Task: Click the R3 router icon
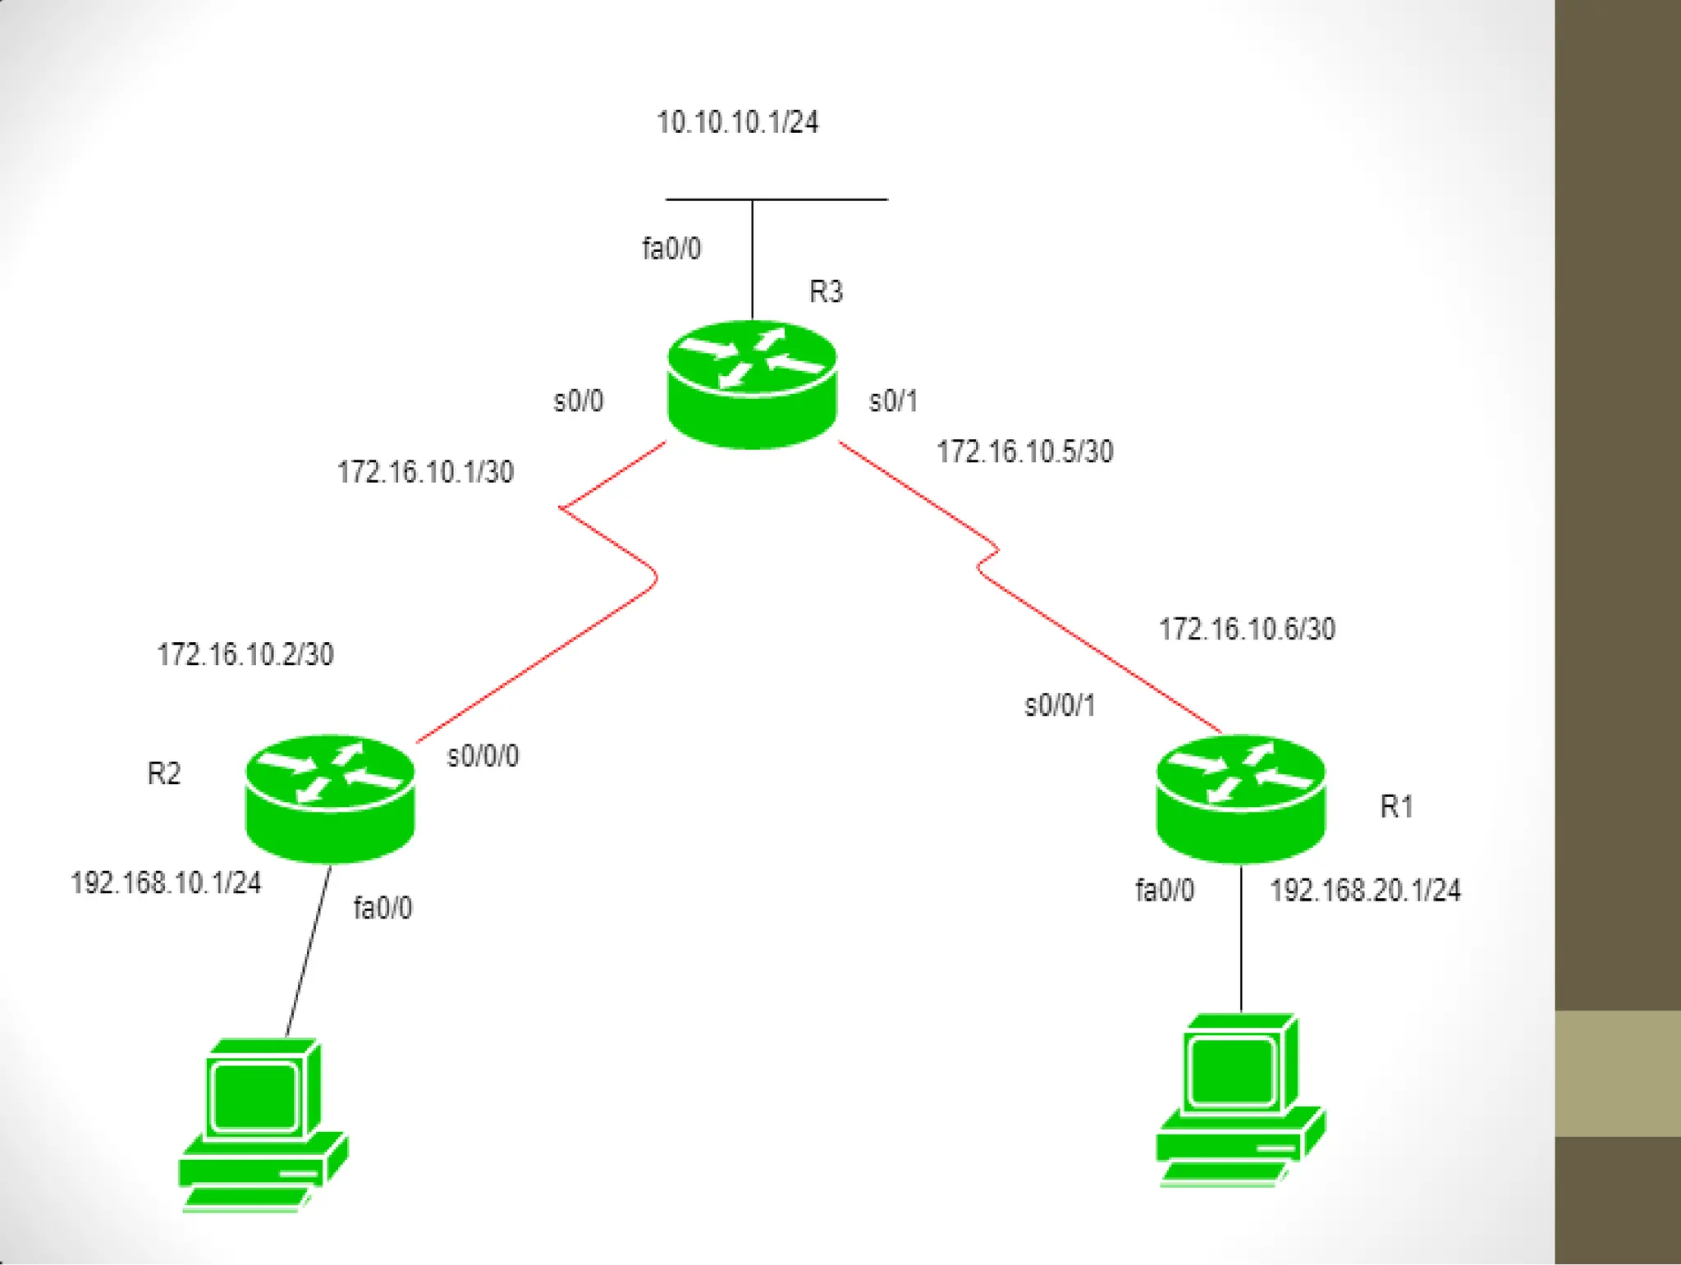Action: pos(752,384)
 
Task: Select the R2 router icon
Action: pos(330,798)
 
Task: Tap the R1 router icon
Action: pos(1240,798)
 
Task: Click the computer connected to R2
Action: pos(263,1125)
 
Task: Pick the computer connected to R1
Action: pos(1240,1100)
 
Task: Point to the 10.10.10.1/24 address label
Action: pos(737,122)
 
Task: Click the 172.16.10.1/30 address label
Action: pos(425,472)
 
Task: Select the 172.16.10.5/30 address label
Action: pos(1025,451)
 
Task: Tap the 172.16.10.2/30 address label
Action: pos(245,654)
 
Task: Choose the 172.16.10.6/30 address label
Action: pos(1247,629)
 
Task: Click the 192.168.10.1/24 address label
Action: pos(166,882)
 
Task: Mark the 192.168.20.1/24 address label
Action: pos(1366,890)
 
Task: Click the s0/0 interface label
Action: pos(579,401)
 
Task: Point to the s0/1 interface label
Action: pos(893,401)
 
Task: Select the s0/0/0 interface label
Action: pos(483,755)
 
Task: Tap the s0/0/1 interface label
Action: pos(1060,705)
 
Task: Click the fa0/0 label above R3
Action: pos(671,248)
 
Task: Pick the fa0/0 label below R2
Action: pos(382,908)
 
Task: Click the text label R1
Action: pos(1396,806)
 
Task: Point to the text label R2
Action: pos(163,773)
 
